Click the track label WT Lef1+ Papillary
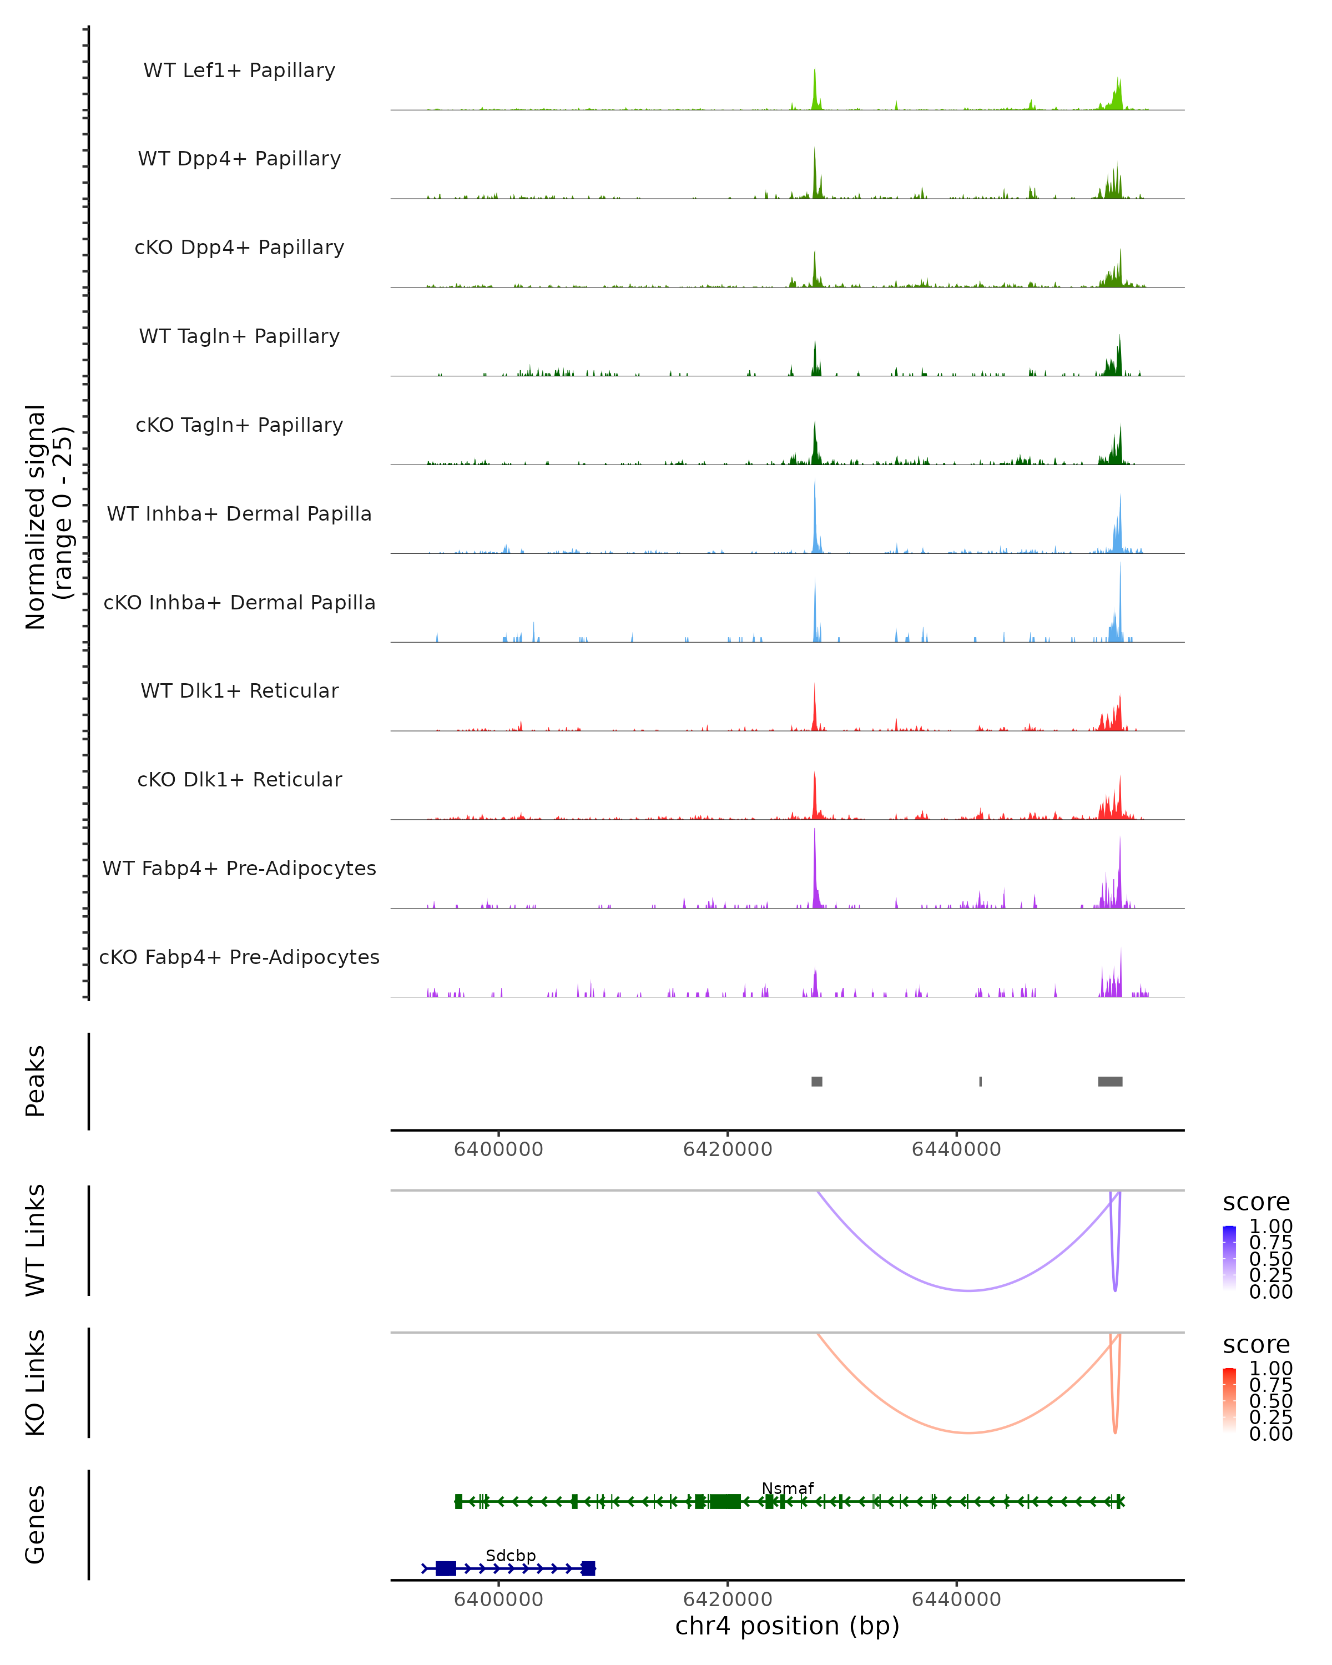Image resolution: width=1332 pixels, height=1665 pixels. coord(239,70)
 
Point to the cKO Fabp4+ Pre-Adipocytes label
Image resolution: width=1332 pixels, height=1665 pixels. coord(239,957)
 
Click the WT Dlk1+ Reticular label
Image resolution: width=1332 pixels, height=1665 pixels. coord(239,690)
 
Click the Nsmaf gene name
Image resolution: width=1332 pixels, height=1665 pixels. coord(788,1488)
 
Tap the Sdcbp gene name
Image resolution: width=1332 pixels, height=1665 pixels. coord(511,1555)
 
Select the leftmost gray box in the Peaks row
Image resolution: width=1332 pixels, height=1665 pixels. coord(817,1081)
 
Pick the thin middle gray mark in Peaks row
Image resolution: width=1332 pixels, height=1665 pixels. coord(981,1081)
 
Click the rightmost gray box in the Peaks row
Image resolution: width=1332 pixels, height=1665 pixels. coord(1111,1081)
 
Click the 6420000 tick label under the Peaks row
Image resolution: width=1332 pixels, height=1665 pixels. coord(728,1149)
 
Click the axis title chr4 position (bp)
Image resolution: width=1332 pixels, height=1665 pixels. coord(787,1626)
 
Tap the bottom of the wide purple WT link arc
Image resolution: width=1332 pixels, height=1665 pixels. coord(968,1290)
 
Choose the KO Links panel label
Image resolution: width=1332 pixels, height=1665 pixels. coord(36,1383)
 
